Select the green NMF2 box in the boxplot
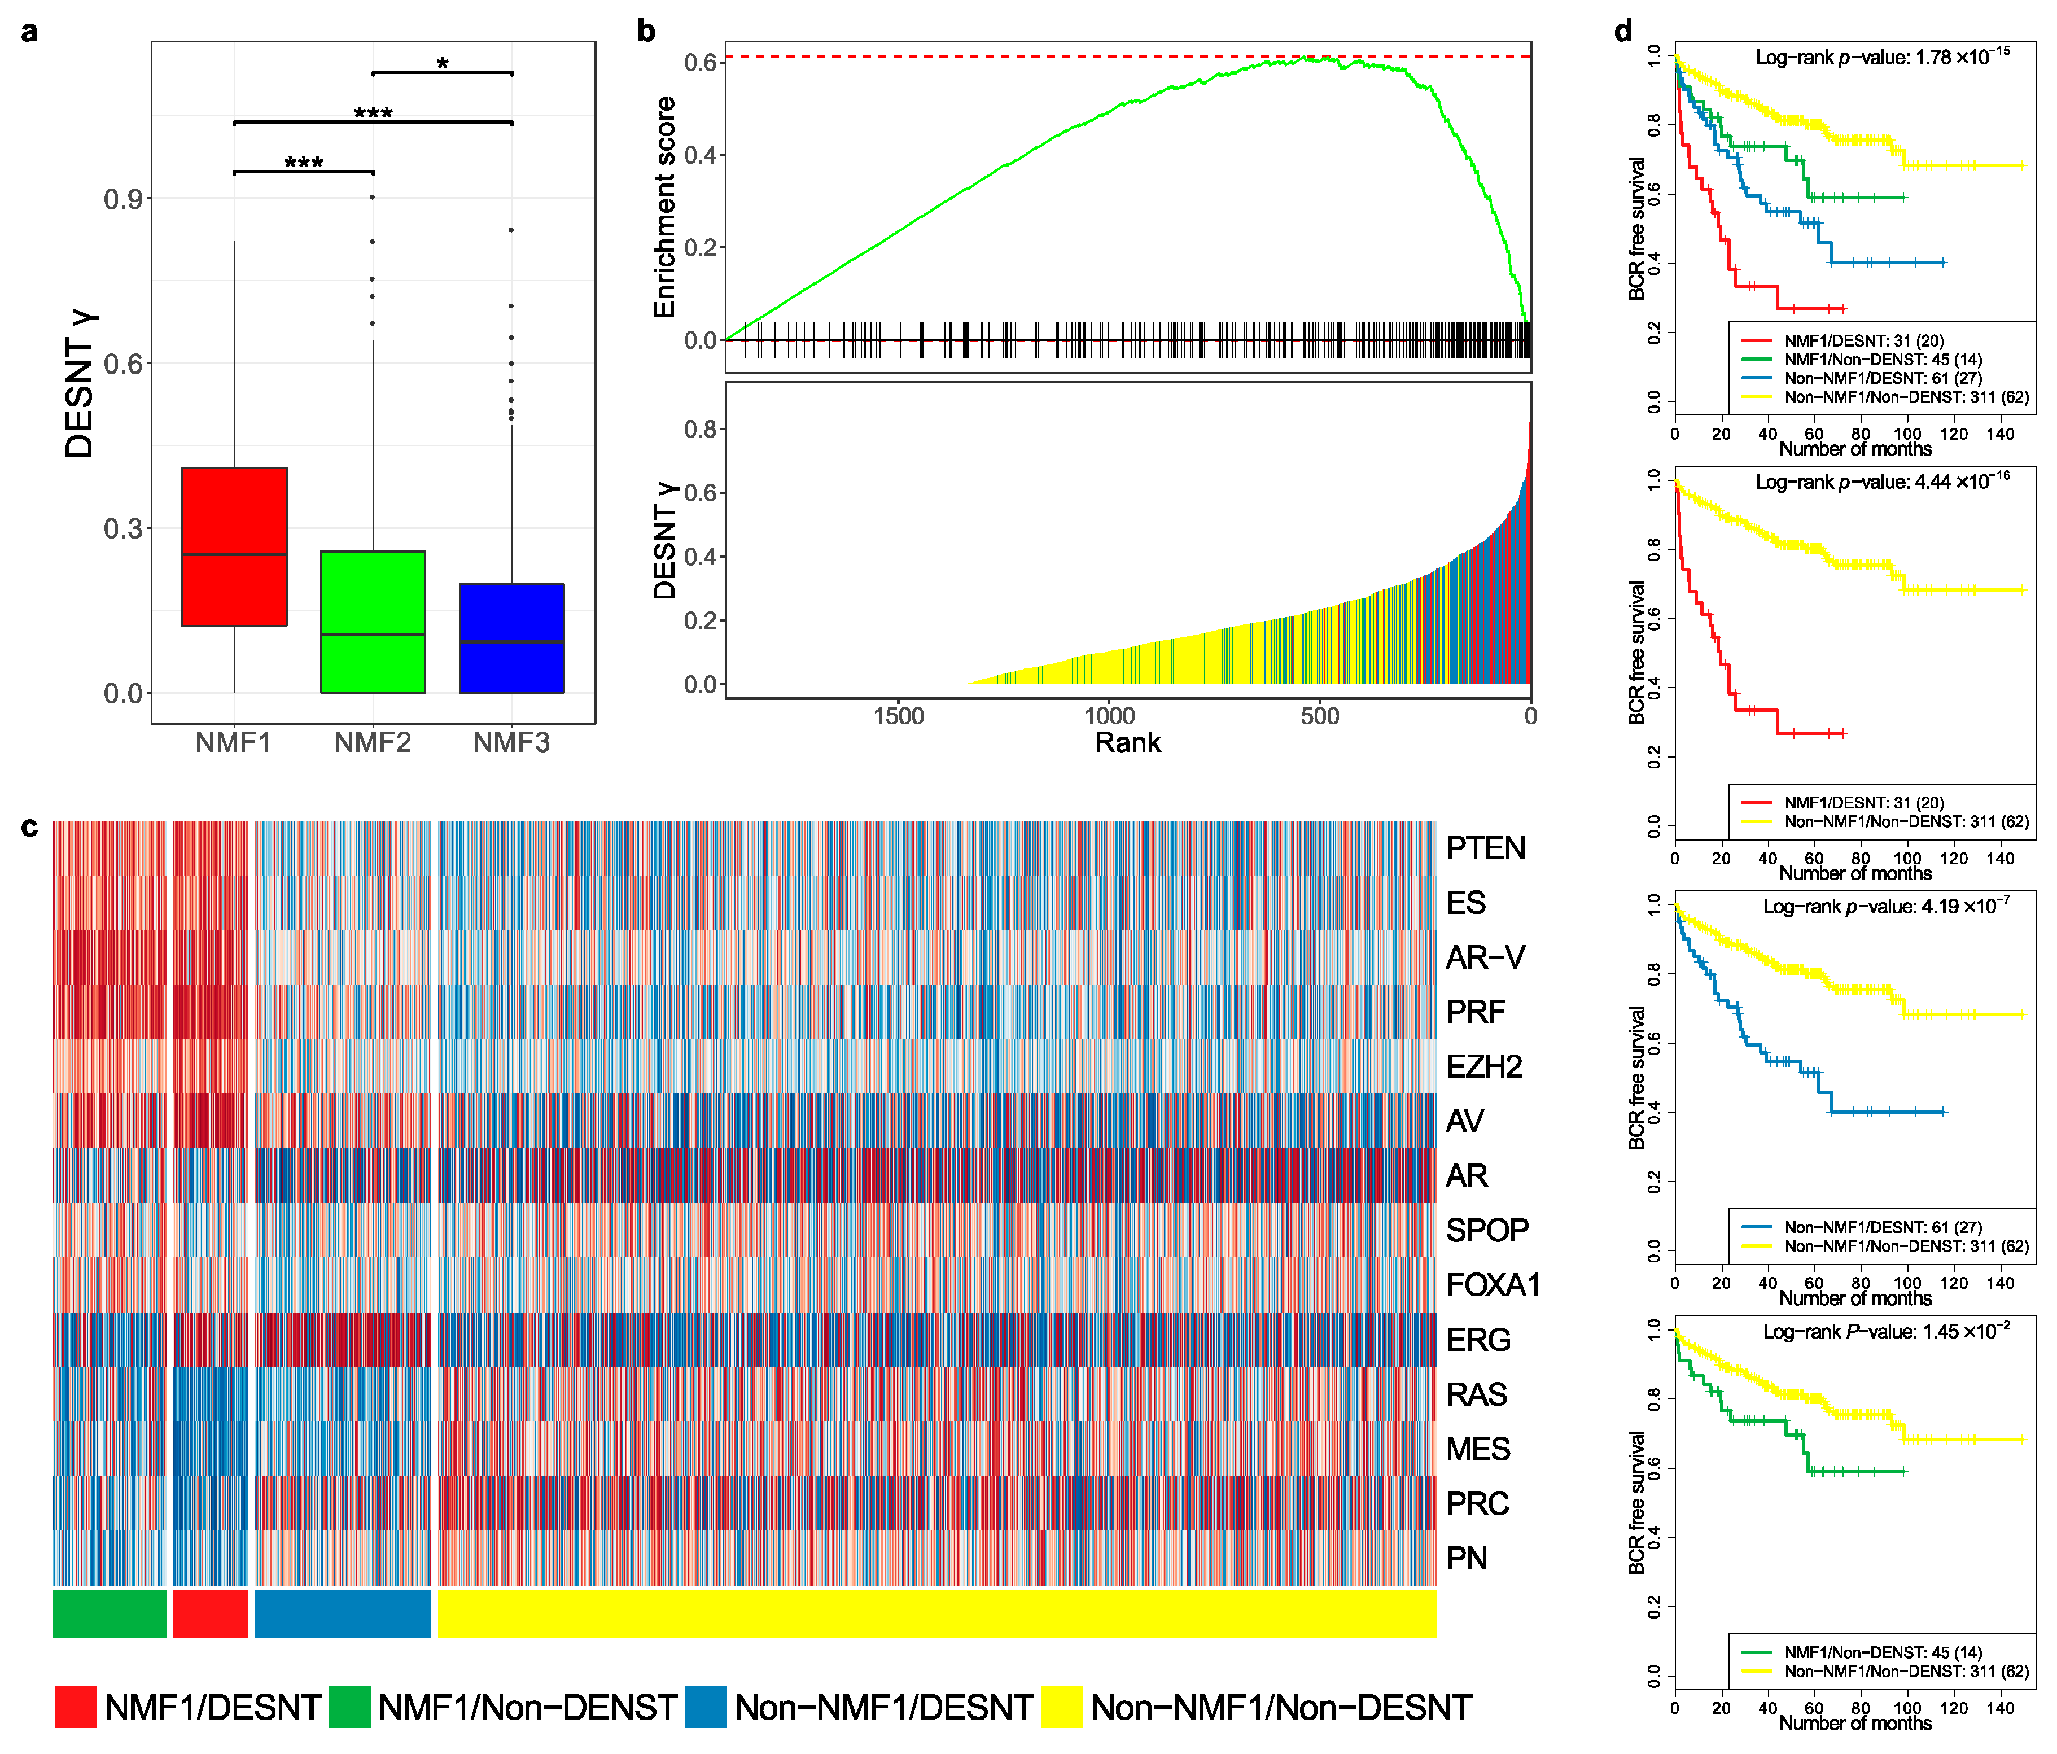[x=373, y=622]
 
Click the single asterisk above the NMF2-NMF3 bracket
[x=443, y=64]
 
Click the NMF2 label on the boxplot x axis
[x=373, y=742]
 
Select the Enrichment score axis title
[x=664, y=207]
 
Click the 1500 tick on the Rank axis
[x=899, y=716]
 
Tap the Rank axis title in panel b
[x=1128, y=742]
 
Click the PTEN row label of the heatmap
[x=1485, y=848]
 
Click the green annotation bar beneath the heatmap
[x=109, y=1613]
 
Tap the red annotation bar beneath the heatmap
[x=209, y=1613]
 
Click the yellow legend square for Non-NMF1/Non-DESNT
[x=1061, y=1707]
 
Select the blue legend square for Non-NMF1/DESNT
[x=705, y=1707]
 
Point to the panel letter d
[x=1623, y=31]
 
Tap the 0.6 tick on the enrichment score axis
[x=701, y=63]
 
